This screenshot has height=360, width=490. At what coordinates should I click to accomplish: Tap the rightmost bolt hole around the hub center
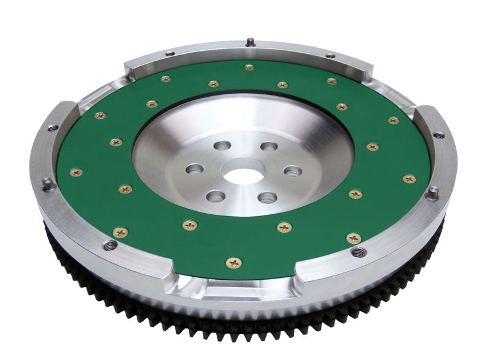[293, 171]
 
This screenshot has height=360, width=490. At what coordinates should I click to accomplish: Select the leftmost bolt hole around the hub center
[195, 168]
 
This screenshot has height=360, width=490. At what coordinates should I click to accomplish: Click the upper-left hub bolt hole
[224, 146]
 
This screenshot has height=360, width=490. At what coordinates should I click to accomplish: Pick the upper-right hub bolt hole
[268, 146]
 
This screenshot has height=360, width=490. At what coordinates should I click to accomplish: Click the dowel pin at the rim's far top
[250, 42]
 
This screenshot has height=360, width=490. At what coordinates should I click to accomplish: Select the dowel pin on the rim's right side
[433, 192]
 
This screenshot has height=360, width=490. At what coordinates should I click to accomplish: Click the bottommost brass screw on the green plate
[233, 263]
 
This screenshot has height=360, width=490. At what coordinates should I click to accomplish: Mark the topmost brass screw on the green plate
[249, 67]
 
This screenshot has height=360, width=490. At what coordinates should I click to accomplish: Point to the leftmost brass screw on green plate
[77, 173]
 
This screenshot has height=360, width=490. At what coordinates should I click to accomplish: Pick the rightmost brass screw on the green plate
[409, 179]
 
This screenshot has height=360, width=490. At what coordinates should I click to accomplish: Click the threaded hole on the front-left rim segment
[110, 246]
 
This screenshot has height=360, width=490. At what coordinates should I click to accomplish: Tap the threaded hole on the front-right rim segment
[357, 252]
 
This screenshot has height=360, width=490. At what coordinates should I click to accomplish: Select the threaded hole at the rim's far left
[53, 128]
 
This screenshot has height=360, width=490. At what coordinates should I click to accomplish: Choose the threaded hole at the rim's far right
[439, 135]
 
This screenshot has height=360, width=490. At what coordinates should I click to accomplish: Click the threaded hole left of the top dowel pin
[168, 54]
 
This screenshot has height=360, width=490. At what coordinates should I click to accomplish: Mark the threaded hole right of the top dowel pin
[331, 56]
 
